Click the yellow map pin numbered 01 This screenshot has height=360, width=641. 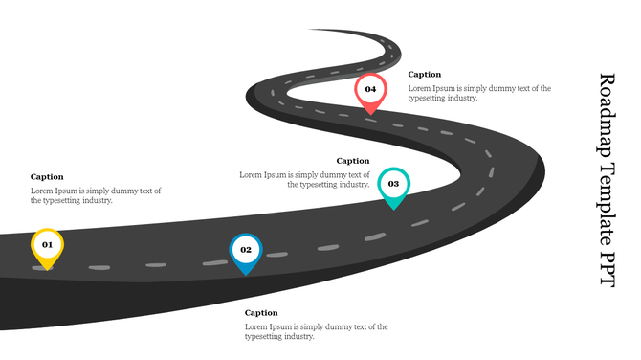[47, 247]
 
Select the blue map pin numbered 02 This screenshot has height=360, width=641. [246, 252]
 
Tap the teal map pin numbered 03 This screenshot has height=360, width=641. [393, 186]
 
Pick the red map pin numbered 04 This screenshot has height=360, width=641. [370, 92]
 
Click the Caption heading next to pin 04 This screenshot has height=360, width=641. [425, 74]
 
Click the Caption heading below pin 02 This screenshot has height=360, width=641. [261, 313]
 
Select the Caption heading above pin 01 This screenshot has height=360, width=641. [47, 176]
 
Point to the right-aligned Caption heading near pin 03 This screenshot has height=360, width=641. [353, 161]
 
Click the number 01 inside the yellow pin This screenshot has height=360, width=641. [47, 244]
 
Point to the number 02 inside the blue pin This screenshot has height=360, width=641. [246, 249]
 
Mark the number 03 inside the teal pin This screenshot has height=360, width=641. [393, 183]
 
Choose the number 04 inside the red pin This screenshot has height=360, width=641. [370, 89]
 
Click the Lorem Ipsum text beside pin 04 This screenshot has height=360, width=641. [479, 93]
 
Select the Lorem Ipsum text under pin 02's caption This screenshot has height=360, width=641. [316, 331]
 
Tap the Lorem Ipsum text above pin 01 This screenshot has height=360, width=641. [96, 195]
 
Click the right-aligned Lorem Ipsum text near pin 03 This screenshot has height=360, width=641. [304, 179]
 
